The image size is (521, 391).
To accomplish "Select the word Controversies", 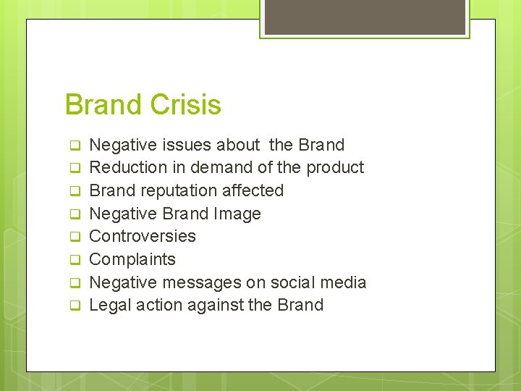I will click(143, 236).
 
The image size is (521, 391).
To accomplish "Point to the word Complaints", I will click(132, 259).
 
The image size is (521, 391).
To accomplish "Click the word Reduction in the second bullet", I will click(128, 167).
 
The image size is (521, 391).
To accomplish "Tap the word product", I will click(335, 167).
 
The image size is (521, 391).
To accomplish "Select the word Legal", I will click(110, 305).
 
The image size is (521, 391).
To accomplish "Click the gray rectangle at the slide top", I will click(365, 17).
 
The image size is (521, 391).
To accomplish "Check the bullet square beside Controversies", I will click(73, 237).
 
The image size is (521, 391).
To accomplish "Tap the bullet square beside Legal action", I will click(73, 306).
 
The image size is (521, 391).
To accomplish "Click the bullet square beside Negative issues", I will click(73, 146).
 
